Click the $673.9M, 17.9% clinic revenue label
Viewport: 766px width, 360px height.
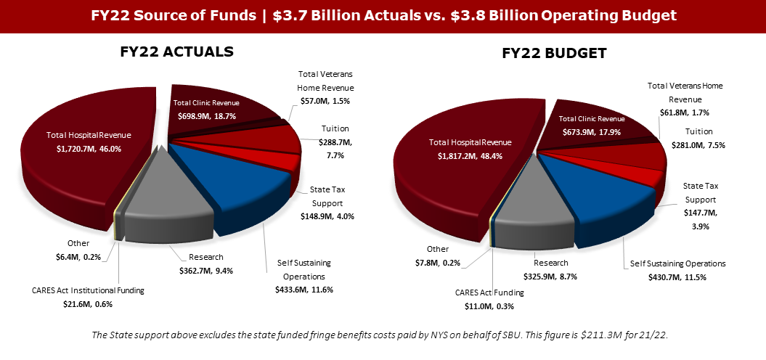click(x=592, y=131)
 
